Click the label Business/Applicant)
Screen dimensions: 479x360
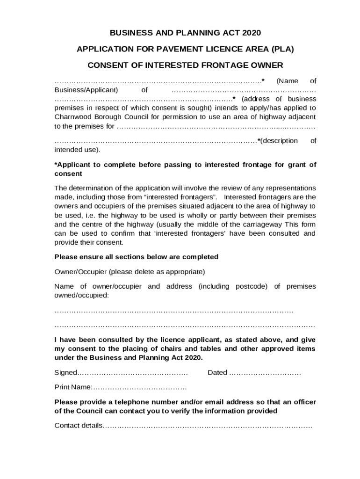86,90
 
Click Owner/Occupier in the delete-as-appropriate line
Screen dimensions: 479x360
80,272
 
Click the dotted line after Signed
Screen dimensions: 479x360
132,373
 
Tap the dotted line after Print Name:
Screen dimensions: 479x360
140,387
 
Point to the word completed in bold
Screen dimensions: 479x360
201,257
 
